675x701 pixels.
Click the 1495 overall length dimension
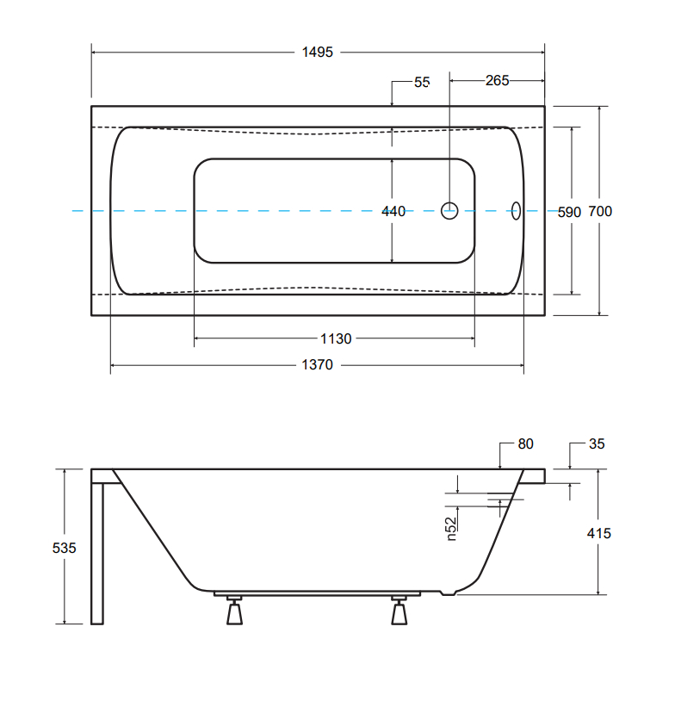[x=317, y=53]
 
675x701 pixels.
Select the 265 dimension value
[x=497, y=81]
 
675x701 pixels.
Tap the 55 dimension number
[x=421, y=83]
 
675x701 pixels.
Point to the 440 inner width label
[x=393, y=211]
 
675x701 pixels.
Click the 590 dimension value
[x=570, y=212]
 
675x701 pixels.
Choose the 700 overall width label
[x=601, y=212]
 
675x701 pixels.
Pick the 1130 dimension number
[x=336, y=338]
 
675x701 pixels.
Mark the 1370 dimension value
[x=317, y=365]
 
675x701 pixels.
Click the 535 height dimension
[x=65, y=548]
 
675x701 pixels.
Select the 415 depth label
[x=598, y=533]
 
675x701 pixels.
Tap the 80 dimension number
[x=525, y=444]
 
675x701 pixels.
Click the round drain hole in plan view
[x=450, y=210]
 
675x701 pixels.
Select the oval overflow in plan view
[x=517, y=210]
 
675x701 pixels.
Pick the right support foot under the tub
[x=399, y=613]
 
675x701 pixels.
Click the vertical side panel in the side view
[x=97, y=551]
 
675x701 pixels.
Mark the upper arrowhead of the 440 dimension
[x=393, y=161]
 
